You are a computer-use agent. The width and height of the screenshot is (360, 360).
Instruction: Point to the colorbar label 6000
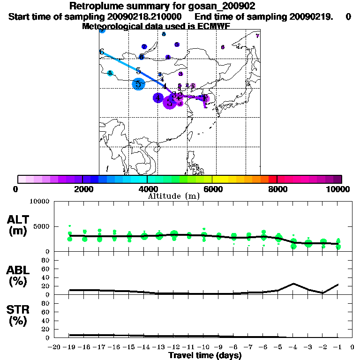212,189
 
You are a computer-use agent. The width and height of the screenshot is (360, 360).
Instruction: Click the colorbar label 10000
338,189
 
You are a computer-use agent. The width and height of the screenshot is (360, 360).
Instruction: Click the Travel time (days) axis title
205,356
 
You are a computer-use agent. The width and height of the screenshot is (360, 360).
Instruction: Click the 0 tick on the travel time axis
352,347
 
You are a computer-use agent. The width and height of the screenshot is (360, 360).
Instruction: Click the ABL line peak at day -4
293,284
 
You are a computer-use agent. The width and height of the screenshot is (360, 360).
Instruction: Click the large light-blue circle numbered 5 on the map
138,84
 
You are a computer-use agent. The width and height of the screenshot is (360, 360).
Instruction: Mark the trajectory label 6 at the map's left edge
101,52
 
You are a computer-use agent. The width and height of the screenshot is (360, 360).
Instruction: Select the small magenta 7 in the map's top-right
257,36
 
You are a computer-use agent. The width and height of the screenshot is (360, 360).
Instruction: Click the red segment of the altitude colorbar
272,179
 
